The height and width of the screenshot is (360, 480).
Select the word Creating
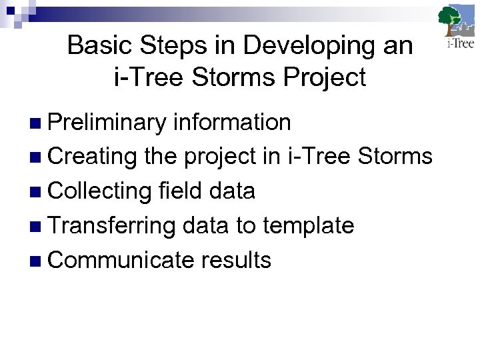(93, 157)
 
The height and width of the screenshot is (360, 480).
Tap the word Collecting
(100, 192)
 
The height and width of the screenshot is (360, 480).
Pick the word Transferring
(111, 226)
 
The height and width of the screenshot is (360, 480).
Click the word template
(308, 227)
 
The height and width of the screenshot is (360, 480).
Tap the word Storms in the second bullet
(395, 157)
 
